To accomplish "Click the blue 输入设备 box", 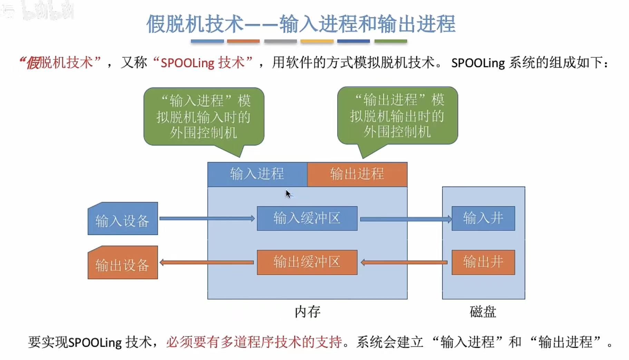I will (x=123, y=219).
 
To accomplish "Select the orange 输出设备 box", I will (x=123, y=263).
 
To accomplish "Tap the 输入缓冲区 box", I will (x=307, y=218).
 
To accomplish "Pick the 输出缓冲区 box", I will (x=307, y=262).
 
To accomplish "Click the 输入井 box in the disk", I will (x=483, y=218).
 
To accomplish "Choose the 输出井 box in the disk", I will (x=483, y=262).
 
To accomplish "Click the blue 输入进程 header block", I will (x=257, y=174).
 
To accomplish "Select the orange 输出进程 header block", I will (x=357, y=174).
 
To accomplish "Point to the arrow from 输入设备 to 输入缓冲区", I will (x=207, y=218).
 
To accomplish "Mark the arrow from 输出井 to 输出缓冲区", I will (x=404, y=263).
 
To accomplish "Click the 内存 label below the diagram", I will (x=307, y=312).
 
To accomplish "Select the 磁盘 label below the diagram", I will (x=483, y=312).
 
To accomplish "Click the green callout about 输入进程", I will (x=204, y=117).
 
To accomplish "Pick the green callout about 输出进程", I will (x=397, y=116).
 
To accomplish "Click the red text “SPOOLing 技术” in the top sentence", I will (x=203, y=63).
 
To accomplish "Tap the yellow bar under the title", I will (x=317, y=41).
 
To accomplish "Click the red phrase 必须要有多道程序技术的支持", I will (x=254, y=342).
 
